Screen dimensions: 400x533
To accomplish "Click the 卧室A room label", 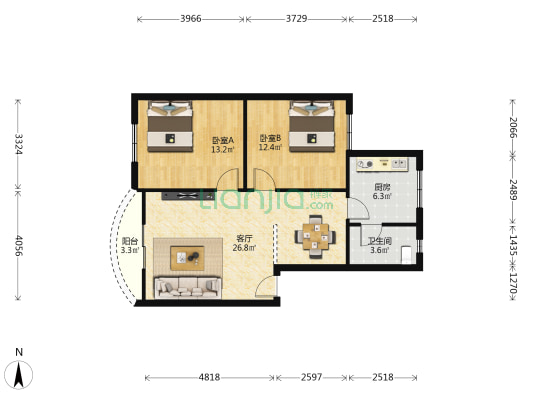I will click(x=223, y=140).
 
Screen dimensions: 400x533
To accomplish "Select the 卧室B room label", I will click(x=270, y=139).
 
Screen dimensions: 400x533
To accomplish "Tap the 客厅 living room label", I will click(x=244, y=238).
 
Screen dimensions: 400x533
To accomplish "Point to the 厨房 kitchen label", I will click(x=382, y=187).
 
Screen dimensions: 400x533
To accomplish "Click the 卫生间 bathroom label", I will click(x=379, y=240).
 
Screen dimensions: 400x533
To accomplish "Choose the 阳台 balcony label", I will click(x=130, y=241).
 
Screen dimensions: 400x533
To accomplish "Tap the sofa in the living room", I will click(x=187, y=287).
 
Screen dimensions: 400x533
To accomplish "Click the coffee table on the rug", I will click(x=187, y=257).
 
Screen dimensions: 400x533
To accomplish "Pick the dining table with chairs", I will click(x=315, y=236).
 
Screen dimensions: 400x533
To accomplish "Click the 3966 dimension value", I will click(x=191, y=19).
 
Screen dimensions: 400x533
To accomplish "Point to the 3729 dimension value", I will click(x=297, y=19).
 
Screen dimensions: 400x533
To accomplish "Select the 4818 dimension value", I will click(x=209, y=377).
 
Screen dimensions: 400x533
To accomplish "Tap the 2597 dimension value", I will click(x=311, y=377).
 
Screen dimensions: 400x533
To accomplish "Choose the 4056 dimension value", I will click(x=16, y=246).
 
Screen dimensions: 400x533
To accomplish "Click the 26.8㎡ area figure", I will click(x=244, y=250).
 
